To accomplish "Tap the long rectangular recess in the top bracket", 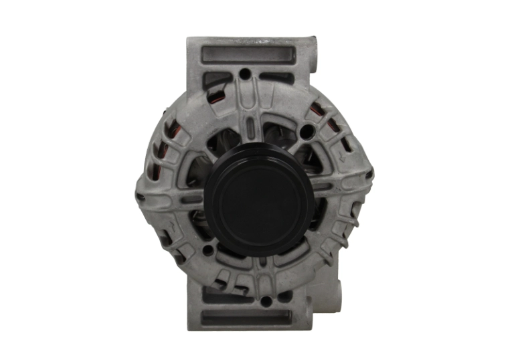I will click(x=248, y=54).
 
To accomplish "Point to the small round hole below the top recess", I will click(x=246, y=74).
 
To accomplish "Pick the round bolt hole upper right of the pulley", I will click(x=307, y=132).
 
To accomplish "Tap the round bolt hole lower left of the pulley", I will click(x=208, y=250).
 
